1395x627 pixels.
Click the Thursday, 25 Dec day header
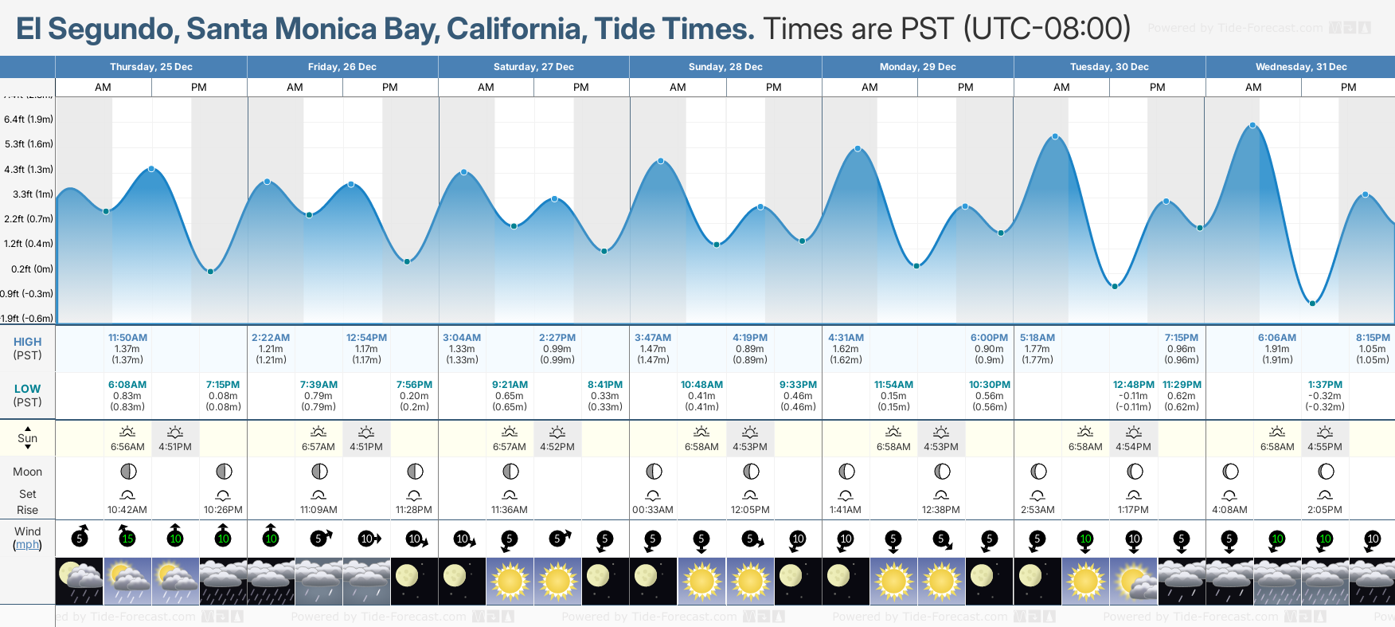click(x=151, y=67)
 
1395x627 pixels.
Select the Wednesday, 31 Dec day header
click(x=1300, y=67)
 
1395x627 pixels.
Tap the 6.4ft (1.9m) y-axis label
click(x=29, y=120)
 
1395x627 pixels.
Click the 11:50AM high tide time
click(x=127, y=338)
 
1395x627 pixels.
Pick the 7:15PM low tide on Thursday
click(x=223, y=385)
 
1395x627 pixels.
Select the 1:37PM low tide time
click(x=1325, y=385)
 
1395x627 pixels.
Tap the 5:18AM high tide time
click(x=1037, y=338)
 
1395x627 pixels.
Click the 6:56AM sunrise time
click(x=127, y=447)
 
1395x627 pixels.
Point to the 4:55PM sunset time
click(x=1325, y=447)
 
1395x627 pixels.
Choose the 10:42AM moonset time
click(x=127, y=510)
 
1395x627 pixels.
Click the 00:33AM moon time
click(x=653, y=510)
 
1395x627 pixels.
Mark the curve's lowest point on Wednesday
click(x=1312, y=304)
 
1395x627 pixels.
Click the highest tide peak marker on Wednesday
click(x=1252, y=126)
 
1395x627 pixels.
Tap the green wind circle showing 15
click(x=127, y=539)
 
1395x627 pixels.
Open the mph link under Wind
click(x=28, y=545)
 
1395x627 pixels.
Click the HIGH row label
click(x=27, y=342)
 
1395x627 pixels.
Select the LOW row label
click(x=27, y=389)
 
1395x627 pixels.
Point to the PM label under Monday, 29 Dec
click(x=965, y=88)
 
